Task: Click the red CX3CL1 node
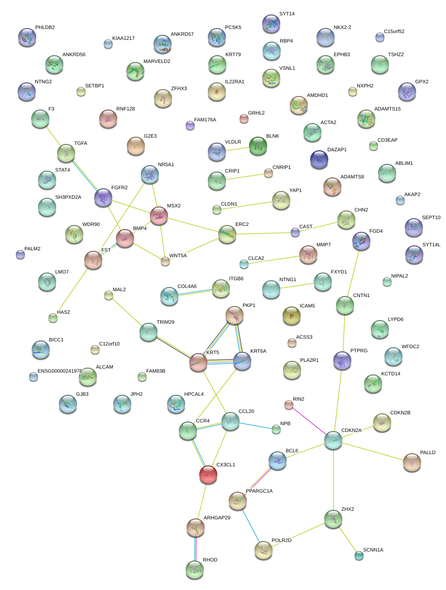point(208,474)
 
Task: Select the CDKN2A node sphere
point(333,440)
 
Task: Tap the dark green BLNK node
point(258,146)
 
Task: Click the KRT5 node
point(198,362)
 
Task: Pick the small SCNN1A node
point(359,555)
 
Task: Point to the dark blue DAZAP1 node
point(319,159)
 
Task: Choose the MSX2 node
point(158,216)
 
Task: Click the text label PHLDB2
point(45,28)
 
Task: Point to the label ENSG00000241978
point(60,371)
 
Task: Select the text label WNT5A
point(178,256)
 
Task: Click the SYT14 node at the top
point(271,24)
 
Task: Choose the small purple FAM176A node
point(190,125)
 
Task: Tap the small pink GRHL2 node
point(244,119)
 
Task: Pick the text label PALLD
point(427,453)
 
